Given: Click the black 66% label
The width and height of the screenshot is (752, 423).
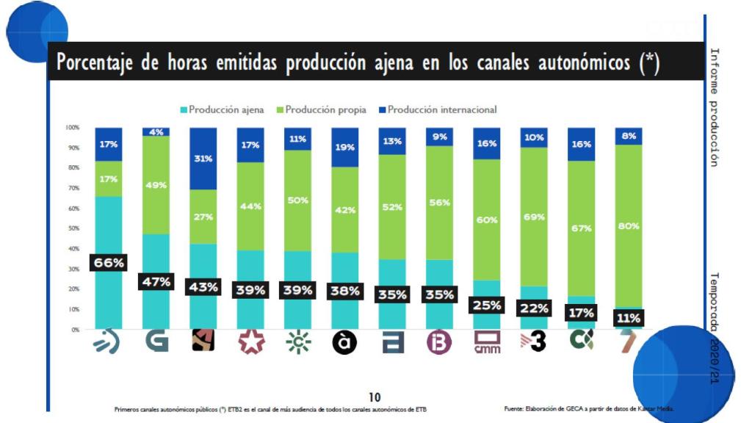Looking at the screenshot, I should click(x=108, y=263).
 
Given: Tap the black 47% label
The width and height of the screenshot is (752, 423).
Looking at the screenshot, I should click(x=156, y=281).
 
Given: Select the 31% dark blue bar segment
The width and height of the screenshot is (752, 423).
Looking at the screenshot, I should click(x=203, y=159).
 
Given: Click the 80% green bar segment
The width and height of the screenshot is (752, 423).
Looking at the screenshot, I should click(x=628, y=225).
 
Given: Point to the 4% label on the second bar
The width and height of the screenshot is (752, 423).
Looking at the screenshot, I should click(x=156, y=132).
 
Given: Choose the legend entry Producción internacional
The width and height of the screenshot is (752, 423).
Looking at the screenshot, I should click(x=436, y=109).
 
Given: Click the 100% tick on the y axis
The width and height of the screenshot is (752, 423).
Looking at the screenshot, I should click(x=71, y=127).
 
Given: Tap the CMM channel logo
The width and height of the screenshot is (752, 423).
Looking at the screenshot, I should click(x=488, y=343).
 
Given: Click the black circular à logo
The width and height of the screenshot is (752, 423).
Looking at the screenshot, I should click(x=344, y=342).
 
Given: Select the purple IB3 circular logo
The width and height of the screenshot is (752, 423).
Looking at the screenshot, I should click(x=439, y=342).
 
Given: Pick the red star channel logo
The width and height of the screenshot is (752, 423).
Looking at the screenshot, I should click(x=250, y=342).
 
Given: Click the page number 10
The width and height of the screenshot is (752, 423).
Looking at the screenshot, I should click(x=375, y=397).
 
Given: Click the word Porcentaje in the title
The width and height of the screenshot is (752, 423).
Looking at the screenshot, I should click(x=95, y=63).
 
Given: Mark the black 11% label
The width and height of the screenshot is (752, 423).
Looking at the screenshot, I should click(x=628, y=318).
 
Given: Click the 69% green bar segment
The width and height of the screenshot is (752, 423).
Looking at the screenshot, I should click(x=534, y=217).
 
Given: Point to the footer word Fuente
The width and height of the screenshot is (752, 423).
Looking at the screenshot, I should click(x=513, y=408).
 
